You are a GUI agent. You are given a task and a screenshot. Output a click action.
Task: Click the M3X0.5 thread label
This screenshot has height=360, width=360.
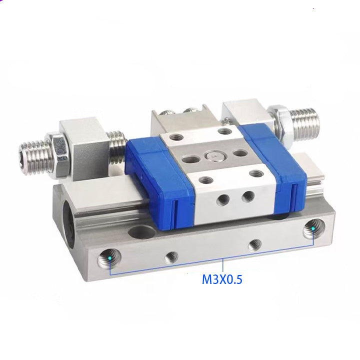pos(222,279)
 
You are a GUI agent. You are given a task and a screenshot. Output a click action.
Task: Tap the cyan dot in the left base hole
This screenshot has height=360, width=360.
pos(109,258)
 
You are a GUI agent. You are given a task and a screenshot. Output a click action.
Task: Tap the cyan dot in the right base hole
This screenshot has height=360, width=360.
pos(312,228)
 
